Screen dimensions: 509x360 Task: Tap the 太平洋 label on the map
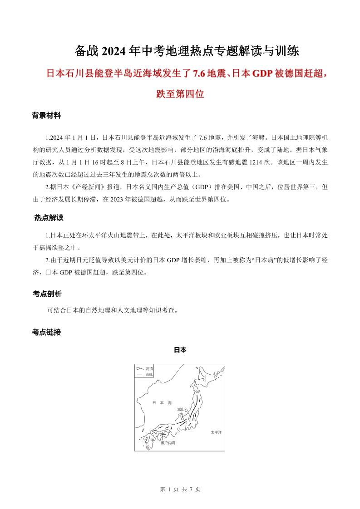[x=216, y=432]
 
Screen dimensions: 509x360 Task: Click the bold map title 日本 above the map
[x=180, y=350]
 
